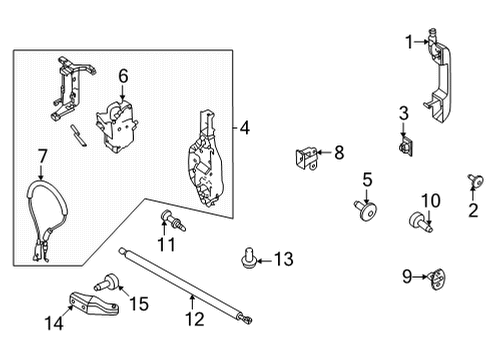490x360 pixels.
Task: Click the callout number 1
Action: tap(408, 41)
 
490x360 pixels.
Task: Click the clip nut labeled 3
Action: tap(404, 148)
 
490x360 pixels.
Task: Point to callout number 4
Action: tap(245, 127)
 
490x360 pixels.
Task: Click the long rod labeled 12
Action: tap(185, 285)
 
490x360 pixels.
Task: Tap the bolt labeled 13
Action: tap(245, 260)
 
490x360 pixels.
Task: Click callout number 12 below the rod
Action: tap(194, 319)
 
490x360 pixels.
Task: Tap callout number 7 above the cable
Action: tap(42, 155)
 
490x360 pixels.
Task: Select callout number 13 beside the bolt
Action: tap(284, 261)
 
